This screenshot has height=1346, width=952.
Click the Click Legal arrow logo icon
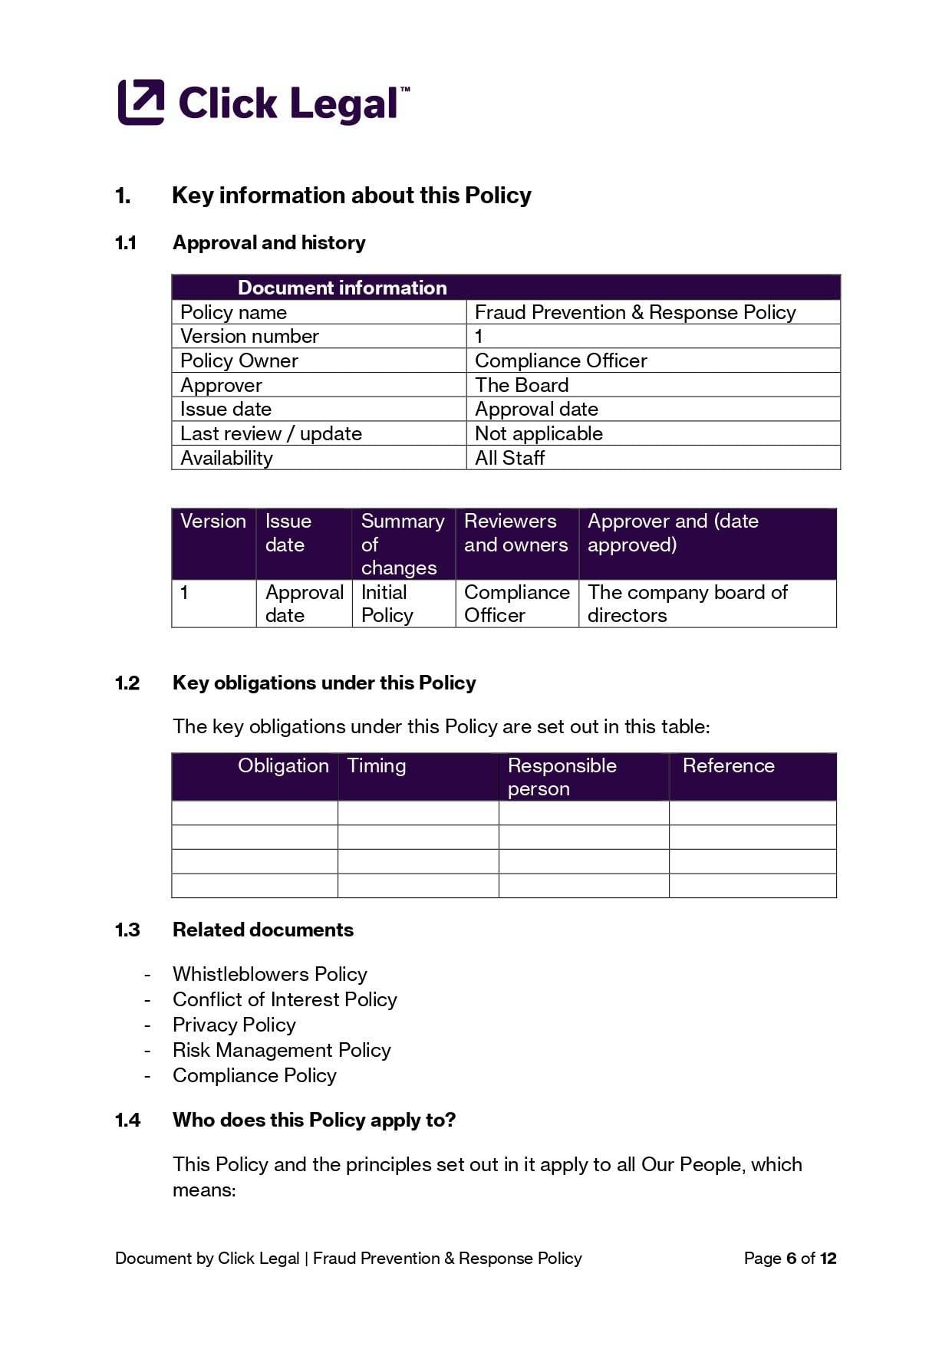tap(141, 102)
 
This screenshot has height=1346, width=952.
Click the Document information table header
tap(342, 288)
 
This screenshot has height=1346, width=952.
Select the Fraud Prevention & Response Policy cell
tap(635, 312)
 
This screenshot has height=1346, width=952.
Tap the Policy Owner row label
tap(239, 360)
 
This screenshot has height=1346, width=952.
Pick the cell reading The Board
tap(522, 385)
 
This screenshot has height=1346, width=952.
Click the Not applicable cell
tap(539, 433)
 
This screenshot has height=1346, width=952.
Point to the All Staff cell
tap(509, 458)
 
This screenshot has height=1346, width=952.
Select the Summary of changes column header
tap(402, 544)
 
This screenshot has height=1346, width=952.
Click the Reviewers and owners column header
tap(516, 533)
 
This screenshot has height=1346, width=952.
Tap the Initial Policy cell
tap(387, 604)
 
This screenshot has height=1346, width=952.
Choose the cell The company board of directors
tap(687, 604)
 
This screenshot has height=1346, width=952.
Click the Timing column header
tap(377, 765)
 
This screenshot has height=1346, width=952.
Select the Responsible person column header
tap(562, 776)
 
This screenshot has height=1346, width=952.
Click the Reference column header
tap(728, 765)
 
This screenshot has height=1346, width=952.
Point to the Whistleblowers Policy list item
tap(269, 974)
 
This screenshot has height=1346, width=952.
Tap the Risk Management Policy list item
tap(282, 1050)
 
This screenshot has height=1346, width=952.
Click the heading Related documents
tap(262, 930)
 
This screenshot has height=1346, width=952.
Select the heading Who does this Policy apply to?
tap(314, 1120)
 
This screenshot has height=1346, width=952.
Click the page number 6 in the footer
tap(792, 1259)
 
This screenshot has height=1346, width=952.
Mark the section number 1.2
tap(127, 683)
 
